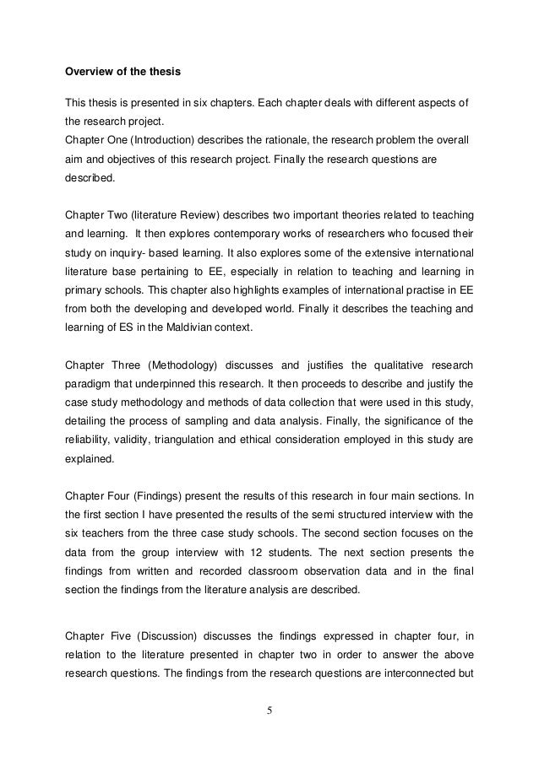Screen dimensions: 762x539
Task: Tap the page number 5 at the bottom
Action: [269, 709]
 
